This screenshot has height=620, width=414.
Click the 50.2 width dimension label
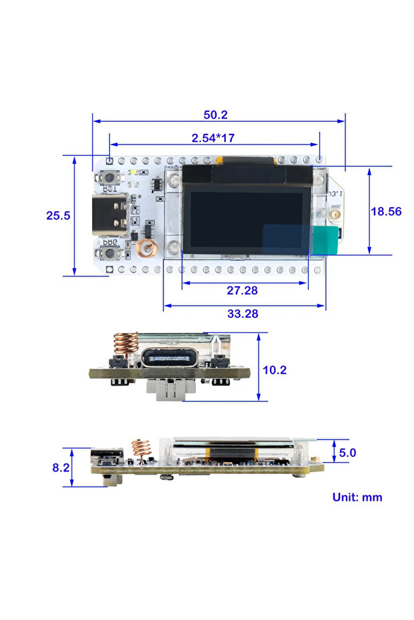[215, 115]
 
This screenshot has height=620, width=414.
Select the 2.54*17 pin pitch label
[213, 138]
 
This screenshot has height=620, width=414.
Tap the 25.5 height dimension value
[59, 215]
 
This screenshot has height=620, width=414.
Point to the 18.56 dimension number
[386, 211]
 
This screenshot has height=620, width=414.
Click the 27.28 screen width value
[243, 290]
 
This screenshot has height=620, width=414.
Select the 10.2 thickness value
[275, 370]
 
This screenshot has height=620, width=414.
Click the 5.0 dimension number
[347, 453]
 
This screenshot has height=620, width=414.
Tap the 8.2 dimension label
[61, 467]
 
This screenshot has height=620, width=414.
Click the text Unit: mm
[357, 497]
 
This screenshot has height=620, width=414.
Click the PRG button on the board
[108, 254]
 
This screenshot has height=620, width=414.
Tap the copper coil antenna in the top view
[145, 248]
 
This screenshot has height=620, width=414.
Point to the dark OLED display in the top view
[247, 219]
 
